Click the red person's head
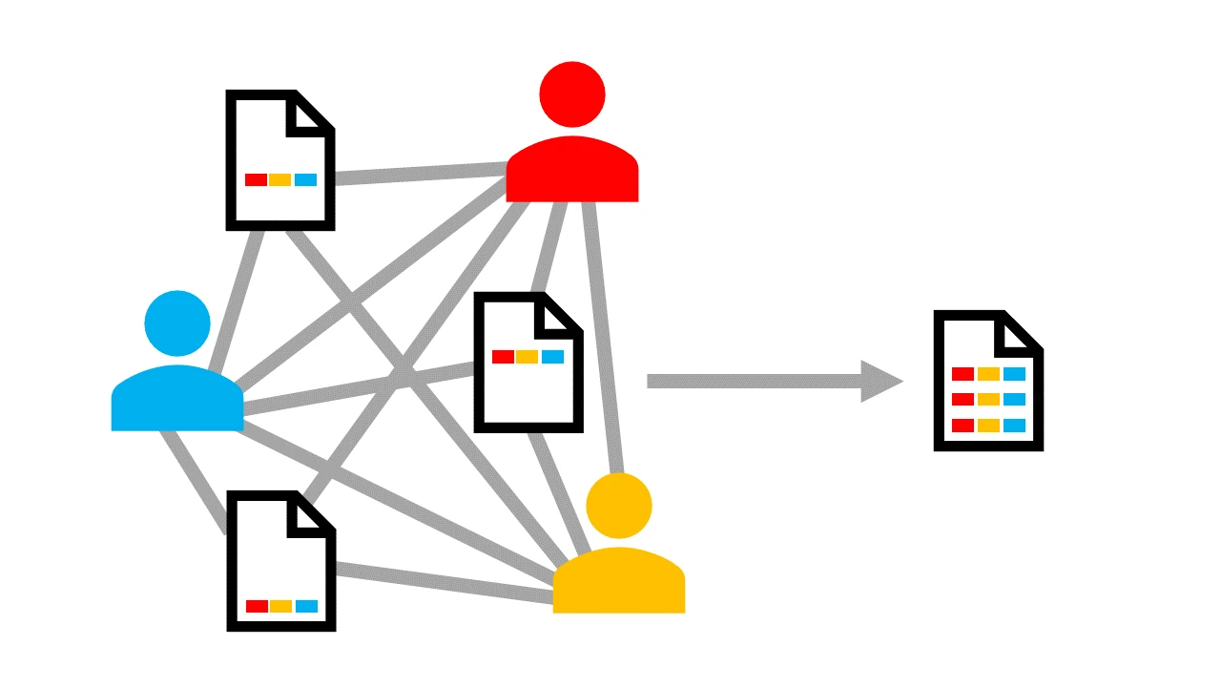pos(572,94)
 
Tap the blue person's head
pos(177,323)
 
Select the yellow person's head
pos(619,505)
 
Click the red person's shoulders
pos(572,172)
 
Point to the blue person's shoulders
pos(177,401)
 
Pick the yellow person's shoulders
pos(619,582)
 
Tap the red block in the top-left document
pos(256,179)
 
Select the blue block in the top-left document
pos(305,179)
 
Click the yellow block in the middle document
pos(528,357)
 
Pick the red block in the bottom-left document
pos(257,606)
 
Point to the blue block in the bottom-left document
pos(306,606)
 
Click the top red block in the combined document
pos(962,374)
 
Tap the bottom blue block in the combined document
pos(1014,426)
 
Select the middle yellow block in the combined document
pos(988,399)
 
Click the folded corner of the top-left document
pos(311,114)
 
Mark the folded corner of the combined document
pos(1019,333)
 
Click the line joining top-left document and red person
pos(420,174)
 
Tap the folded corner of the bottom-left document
pos(312,515)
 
